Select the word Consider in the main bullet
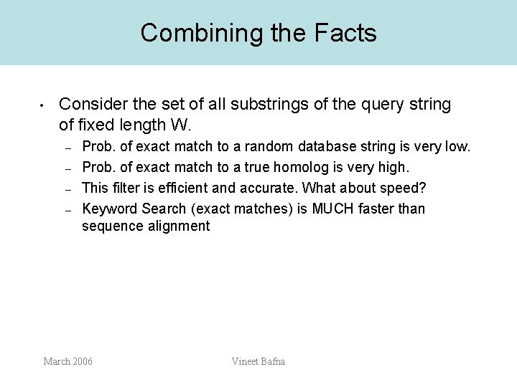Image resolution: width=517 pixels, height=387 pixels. pyautogui.click(x=91, y=105)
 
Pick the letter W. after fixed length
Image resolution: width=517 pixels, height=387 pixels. pyautogui.click(x=179, y=125)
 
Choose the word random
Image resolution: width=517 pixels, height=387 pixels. pyautogui.click(x=268, y=147)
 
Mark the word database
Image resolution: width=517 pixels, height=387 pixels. pyautogui.click(x=326, y=147)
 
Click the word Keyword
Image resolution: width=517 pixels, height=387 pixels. pyautogui.click(x=110, y=209)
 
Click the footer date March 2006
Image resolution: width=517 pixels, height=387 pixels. pyautogui.click(x=67, y=361)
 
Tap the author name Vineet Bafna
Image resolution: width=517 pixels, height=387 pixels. pyautogui.click(x=258, y=361)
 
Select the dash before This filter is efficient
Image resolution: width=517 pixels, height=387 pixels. pyautogui.click(x=67, y=189)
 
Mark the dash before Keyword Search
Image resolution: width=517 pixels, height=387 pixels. pyautogui.click(x=67, y=209)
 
